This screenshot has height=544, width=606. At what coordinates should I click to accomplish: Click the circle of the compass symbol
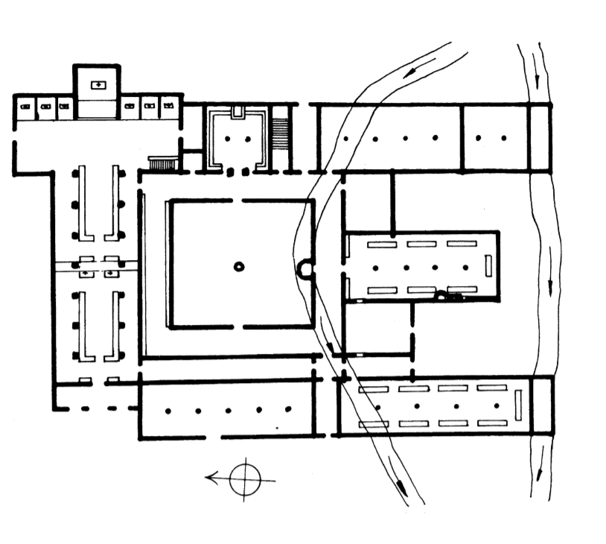[x=246, y=480]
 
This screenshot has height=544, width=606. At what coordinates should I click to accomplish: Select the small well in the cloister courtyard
[x=238, y=265]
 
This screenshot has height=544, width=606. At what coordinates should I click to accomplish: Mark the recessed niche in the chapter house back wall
[x=237, y=113]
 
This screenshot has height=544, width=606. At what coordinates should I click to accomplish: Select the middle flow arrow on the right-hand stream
[x=549, y=287]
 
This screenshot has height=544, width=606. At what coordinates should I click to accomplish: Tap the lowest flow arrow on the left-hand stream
[x=401, y=487]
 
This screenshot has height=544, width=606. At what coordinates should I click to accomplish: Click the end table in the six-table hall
[x=488, y=266]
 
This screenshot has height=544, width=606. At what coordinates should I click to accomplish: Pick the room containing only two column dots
[x=494, y=138]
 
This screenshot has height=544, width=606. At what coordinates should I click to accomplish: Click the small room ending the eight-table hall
[x=541, y=405]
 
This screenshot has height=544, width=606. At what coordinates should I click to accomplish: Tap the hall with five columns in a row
[x=228, y=410]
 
